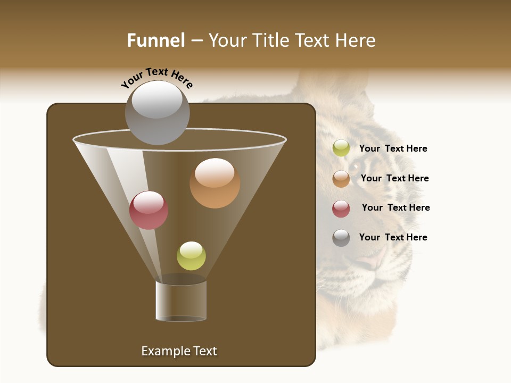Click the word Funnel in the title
point(155,40)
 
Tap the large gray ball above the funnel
point(158,112)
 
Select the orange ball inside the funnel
point(215,183)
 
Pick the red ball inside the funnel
point(149,210)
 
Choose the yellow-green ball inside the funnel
point(191,255)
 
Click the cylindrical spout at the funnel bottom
point(181,301)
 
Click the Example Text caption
point(179,351)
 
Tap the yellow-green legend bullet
point(341,148)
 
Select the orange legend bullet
point(341,178)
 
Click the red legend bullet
point(341,209)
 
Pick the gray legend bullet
point(341,238)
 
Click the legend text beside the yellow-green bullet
point(393,148)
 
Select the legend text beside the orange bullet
point(394,178)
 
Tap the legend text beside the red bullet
point(395,207)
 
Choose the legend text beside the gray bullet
point(393,237)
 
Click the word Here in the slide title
point(356,40)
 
